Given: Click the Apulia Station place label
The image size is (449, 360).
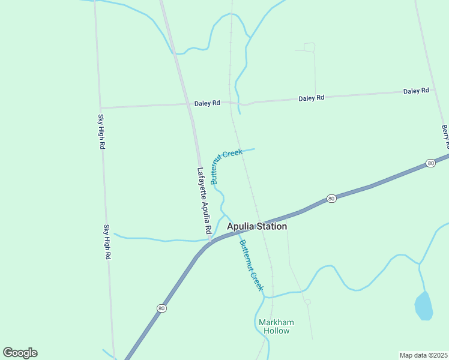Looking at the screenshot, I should tap(257, 226).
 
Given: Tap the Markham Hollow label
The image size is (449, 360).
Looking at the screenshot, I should tap(274, 326).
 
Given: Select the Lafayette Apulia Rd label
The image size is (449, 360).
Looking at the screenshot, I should tap(205, 200).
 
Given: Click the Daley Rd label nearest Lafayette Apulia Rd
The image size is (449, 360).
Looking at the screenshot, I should tap(207, 103).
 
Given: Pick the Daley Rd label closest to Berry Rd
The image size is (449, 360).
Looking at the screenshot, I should tap(416, 91).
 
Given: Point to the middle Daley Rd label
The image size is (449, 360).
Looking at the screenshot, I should tap(312, 98).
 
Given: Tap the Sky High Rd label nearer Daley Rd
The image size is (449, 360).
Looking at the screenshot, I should tap(101, 132).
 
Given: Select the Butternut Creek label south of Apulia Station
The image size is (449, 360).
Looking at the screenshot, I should tap(252, 265).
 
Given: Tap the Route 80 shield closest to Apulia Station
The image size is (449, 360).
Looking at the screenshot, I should tap(331, 199).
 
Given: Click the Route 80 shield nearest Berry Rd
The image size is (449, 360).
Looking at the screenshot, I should tap(430, 163).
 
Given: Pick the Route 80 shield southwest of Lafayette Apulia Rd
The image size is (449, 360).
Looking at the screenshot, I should tap(161, 308).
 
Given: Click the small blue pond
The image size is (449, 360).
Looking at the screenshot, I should tap(423, 306).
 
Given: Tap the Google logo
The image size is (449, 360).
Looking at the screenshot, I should tap(20, 353).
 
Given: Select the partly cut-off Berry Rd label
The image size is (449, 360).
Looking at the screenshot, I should tap(445, 137).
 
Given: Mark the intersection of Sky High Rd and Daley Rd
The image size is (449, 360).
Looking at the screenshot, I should tap(100, 108).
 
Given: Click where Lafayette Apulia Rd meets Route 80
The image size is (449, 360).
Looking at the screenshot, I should tap(209, 241).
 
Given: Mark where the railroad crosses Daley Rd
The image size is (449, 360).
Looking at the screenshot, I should tap(231, 103).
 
